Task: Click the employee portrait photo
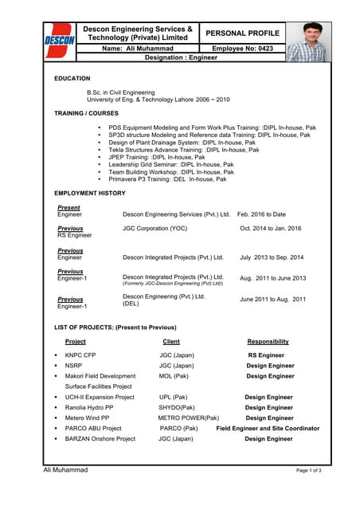click(307, 41)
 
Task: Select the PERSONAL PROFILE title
click(242, 33)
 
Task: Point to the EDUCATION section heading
click(72, 79)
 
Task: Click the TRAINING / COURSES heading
click(86, 113)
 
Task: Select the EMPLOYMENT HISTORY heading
click(89, 194)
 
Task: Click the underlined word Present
click(68, 208)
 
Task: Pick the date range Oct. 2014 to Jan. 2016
click(271, 229)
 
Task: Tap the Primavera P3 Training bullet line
click(167, 179)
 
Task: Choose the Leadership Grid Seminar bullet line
click(170, 164)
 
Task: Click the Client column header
click(170, 342)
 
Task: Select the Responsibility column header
click(268, 342)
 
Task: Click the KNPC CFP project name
click(80, 355)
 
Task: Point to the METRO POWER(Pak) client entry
click(188, 418)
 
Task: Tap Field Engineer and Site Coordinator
click(268, 428)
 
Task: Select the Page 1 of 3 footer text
click(308, 471)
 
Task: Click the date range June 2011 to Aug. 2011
click(272, 300)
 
